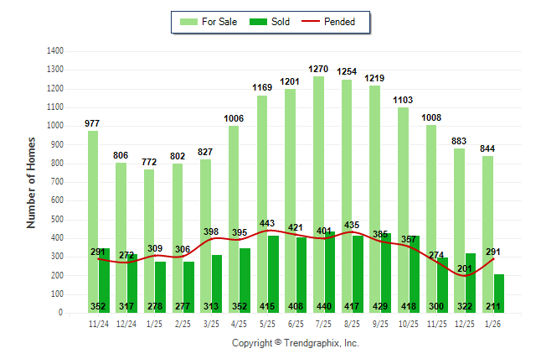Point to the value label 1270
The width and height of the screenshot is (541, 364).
[318, 69]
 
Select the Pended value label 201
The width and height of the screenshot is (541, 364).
[465, 268]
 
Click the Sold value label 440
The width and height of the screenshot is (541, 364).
[323, 306]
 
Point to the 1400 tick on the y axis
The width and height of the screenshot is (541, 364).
[55, 50]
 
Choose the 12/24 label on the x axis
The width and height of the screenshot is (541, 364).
[126, 323]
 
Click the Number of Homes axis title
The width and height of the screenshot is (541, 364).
[32, 182]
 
